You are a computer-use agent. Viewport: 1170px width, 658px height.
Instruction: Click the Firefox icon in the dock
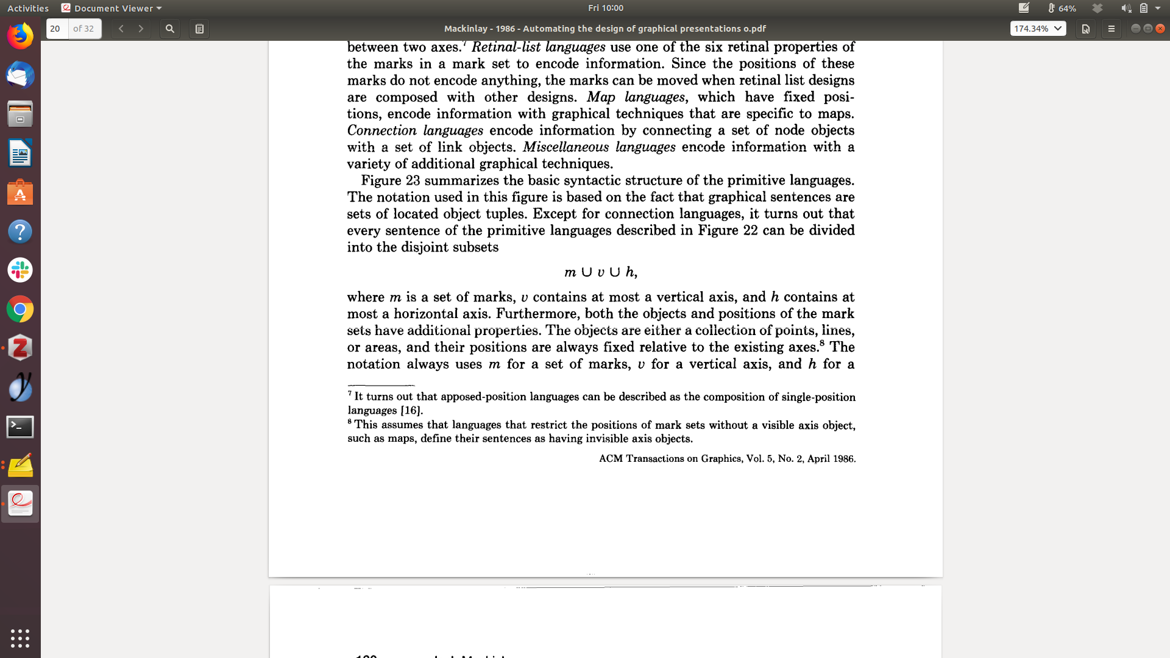pos(20,37)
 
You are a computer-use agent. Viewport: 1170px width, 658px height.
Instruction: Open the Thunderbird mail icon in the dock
pos(20,76)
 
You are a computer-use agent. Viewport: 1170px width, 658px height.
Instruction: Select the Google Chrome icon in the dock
pos(20,310)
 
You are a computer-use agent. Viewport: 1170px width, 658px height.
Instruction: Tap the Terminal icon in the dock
pos(20,426)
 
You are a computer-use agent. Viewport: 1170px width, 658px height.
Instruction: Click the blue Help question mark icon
pos(20,232)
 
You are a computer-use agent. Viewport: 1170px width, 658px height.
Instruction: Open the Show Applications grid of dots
pos(20,638)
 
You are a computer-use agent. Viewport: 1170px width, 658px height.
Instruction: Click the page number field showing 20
pos(57,29)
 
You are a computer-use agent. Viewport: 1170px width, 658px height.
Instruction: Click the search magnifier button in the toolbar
pos(170,29)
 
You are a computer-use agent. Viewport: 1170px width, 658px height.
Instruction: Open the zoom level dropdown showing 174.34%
pos(1038,29)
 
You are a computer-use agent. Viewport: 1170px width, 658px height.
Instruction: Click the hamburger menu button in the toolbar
pos(1111,29)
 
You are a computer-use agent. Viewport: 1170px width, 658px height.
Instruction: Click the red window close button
pos(1160,29)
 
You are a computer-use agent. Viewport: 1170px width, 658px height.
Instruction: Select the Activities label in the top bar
pos(28,8)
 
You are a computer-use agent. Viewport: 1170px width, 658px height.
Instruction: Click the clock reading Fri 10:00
pos(605,8)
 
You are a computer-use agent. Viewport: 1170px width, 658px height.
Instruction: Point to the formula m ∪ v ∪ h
pos(600,272)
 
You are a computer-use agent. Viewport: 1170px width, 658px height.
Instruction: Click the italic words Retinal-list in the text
pos(505,48)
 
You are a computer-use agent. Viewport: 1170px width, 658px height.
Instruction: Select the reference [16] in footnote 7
pos(411,411)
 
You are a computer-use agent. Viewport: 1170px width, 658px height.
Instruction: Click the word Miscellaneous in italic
pos(565,147)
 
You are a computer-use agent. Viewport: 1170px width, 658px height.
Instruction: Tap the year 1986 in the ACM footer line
pos(843,459)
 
